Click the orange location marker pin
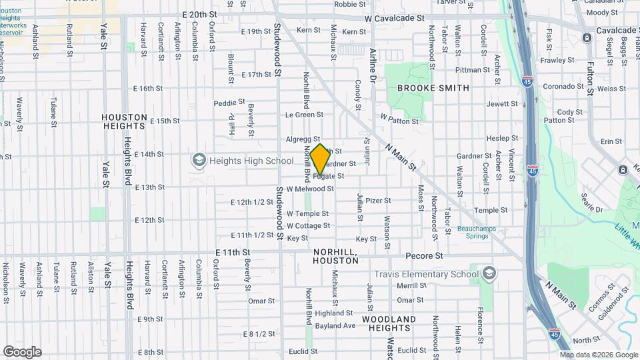coord(320,159)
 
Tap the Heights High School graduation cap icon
coord(199,160)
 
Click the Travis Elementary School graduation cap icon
coord(489,273)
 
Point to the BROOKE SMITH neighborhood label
coord(433,88)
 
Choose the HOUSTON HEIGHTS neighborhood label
coord(124,121)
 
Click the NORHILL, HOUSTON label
coord(335,255)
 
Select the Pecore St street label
coord(424,255)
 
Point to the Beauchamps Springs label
coord(473,232)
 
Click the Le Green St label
coord(304,115)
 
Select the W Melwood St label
coord(310,189)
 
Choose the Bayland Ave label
coord(335,326)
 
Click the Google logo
coord(22,352)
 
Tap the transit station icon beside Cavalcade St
coord(586,37)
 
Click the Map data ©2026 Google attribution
coord(599,355)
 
